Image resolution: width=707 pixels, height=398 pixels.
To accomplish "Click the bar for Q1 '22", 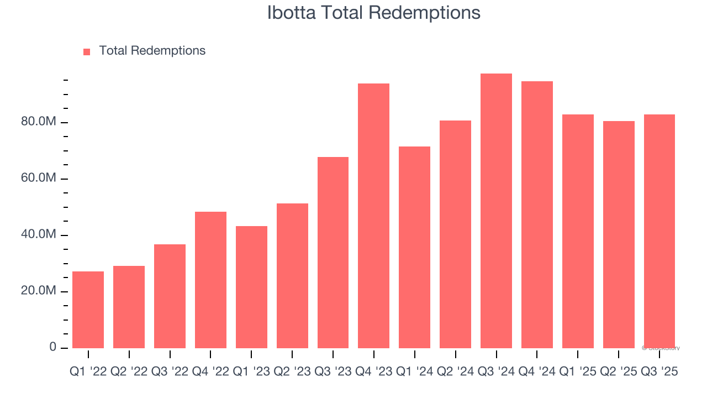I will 88,310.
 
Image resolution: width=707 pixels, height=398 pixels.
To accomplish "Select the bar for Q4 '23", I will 373,216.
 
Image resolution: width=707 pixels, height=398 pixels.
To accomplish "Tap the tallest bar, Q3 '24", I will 496,211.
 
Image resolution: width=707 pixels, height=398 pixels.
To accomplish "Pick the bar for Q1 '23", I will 251,287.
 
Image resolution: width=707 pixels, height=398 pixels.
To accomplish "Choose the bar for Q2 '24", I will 455,234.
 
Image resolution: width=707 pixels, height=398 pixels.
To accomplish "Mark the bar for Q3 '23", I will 333,253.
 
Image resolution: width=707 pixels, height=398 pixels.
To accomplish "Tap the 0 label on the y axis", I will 52,347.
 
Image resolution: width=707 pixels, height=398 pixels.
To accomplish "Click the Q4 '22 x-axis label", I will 210,372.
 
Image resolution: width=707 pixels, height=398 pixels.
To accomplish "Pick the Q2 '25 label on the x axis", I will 619,372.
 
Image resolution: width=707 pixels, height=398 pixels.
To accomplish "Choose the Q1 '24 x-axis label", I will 414,372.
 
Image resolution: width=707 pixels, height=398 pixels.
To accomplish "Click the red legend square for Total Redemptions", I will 87,52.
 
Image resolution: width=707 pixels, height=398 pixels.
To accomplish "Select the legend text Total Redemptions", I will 152,51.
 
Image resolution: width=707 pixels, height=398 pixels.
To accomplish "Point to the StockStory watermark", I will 661,348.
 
